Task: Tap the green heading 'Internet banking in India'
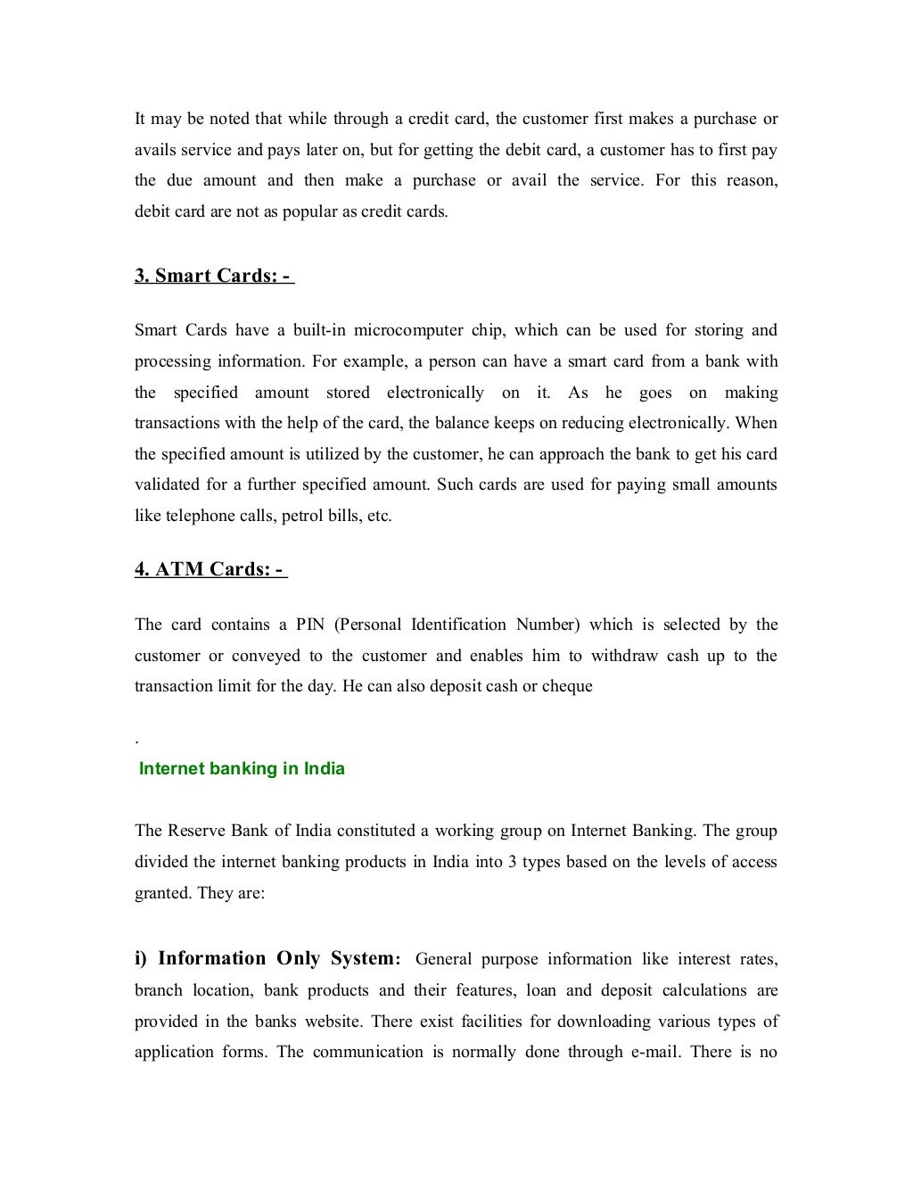click(242, 769)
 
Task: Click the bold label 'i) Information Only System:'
click(267, 959)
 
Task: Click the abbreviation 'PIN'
click(310, 625)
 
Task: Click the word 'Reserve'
click(197, 831)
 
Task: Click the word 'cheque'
click(568, 687)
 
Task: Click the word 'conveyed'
click(266, 656)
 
